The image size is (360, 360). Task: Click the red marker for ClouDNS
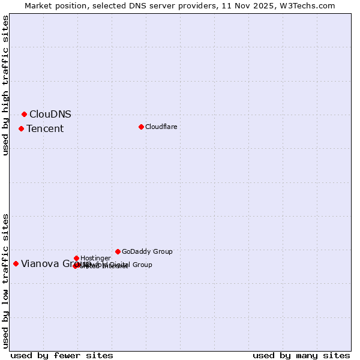coord(24,114)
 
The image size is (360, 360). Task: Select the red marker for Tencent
coord(21,128)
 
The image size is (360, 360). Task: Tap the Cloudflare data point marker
coord(141,127)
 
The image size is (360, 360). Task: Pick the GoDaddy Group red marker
coord(118,251)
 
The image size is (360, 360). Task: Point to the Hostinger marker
coord(76,258)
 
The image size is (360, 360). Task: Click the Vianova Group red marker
coord(16,263)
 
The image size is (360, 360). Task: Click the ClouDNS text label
coord(50,114)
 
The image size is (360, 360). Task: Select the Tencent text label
coord(45,128)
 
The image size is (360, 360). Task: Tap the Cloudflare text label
coord(161,127)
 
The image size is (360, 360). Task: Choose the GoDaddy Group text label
coord(147,251)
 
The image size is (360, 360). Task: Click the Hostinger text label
coord(95,258)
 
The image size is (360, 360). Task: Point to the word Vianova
coord(39,263)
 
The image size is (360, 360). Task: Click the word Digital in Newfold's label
coord(120,265)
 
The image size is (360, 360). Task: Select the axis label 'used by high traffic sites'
coord(6,85)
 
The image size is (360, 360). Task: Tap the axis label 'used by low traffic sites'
coord(6,280)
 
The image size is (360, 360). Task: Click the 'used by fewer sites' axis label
coord(62,355)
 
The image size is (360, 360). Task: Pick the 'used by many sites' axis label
coord(301,355)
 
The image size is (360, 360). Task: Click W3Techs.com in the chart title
coord(305,5)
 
